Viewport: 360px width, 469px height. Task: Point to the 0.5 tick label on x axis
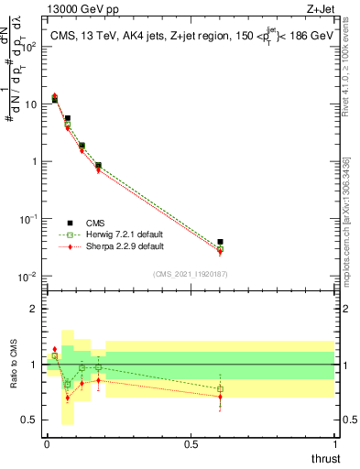(x=191, y=444)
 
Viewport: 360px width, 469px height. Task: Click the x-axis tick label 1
(x=334, y=444)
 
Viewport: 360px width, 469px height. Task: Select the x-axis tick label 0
(x=47, y=444)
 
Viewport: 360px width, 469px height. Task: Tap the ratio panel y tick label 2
(x=34, y=309)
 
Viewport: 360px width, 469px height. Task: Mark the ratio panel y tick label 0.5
(x=29, y=420)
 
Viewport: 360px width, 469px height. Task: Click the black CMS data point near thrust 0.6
(x=220, y=242)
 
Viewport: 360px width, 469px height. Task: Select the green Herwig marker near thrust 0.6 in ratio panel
(x=220, y=388)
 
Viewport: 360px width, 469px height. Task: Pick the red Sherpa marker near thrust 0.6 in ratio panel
(x=220, y=397)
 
